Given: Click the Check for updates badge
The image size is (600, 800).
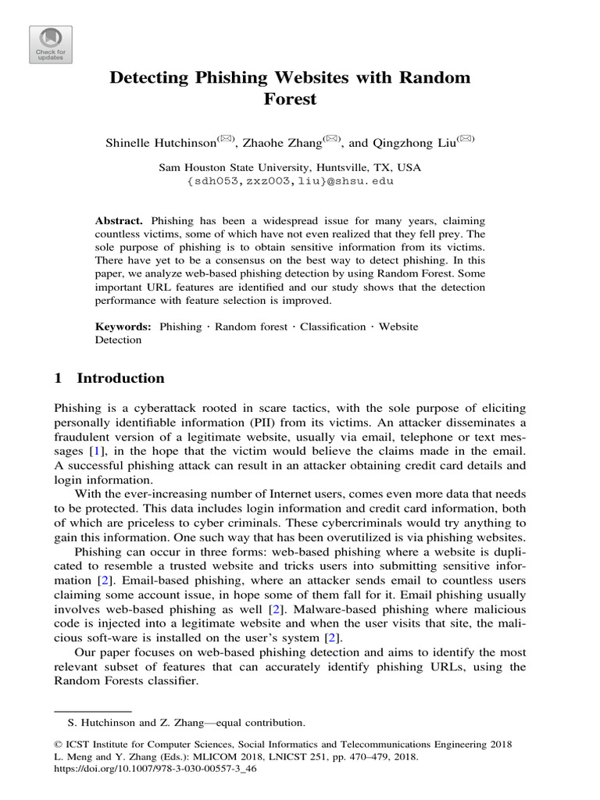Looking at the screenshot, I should pyautogui.click(x=51, y=45).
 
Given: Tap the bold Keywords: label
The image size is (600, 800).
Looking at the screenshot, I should pyautogui.click(x=123, y=327).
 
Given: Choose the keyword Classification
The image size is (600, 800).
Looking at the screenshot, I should pyautogui.click(x=333, y=327).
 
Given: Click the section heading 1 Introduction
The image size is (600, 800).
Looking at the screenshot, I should pyautogui.click(x=109, y=379).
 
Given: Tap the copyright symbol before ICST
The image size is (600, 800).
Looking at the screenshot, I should pyautogui.click(x=58, y=745).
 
